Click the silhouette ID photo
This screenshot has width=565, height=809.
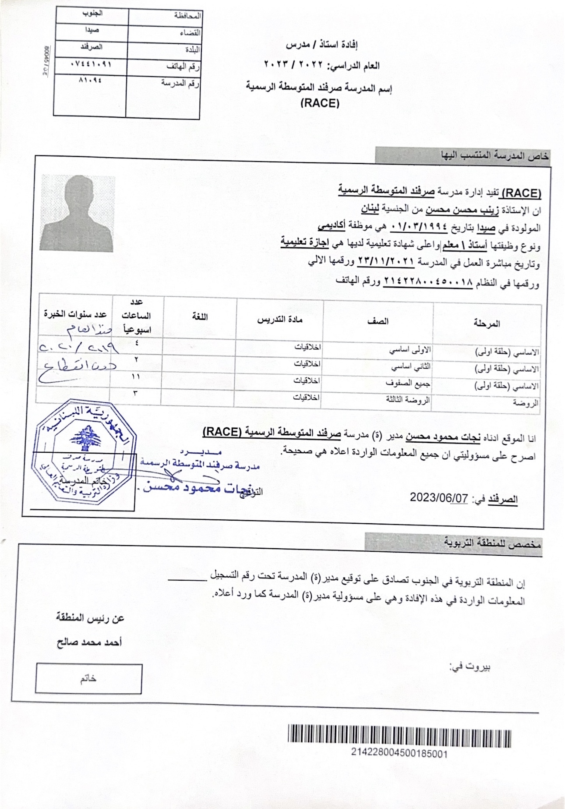[x=78, y=213]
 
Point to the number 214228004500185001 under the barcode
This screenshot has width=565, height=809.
[x=399, y=753]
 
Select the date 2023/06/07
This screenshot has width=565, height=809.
[x=439, y=498]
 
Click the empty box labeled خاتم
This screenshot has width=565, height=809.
[x=89, y=679]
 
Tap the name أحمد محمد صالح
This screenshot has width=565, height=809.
[x=89, y=642]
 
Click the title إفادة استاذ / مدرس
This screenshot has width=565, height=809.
[x=322, y=45]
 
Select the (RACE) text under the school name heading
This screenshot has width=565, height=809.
[x=320, y=103]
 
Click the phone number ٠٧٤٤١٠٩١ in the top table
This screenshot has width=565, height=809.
[x=91, y=64]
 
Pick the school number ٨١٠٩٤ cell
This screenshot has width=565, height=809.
[x=91, y=81]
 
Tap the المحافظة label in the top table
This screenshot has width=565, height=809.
[x=187, y=16]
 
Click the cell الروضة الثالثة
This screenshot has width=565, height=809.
[x=408, y=399]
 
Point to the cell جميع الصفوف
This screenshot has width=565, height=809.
[x=408, y=383]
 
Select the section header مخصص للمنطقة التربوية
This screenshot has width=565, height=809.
[x=493, y=543]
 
